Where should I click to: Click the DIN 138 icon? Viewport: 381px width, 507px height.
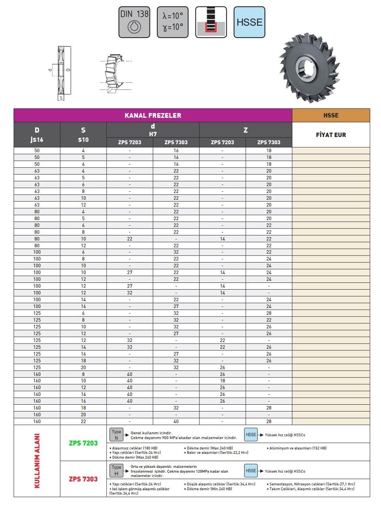click(x=134, y=22)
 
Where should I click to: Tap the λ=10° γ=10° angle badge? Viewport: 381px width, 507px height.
click(x=172, y=22)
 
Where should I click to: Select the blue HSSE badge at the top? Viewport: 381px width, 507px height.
click(x=249, y=22)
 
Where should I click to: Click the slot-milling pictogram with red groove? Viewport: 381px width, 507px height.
click(x=211, y=22)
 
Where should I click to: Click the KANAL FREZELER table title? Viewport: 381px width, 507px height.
click(x=153, y=115)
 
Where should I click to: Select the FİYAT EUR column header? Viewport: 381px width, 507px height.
click(x=331, y=135)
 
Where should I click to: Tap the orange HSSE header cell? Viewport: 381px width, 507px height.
click(x=331, y=115)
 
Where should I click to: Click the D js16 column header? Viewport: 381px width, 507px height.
click(x=37, y=135)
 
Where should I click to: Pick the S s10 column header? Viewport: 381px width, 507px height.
click(x=83, y=135)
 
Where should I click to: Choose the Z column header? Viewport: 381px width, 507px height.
click(x=245, y=130)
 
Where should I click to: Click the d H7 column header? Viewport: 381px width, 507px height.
click(x=153, y=130)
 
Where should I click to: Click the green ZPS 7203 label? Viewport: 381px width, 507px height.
click(x=83, y=443)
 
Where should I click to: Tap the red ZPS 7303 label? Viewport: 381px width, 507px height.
click(x=83, y=479)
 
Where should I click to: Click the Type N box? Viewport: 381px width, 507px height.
click(x=116, y=435)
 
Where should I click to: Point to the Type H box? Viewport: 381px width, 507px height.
click(x=116, y=470)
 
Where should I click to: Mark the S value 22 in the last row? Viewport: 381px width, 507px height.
click(x=83, y=421)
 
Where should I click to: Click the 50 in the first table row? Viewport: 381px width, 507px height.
click(x=37, y=151)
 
